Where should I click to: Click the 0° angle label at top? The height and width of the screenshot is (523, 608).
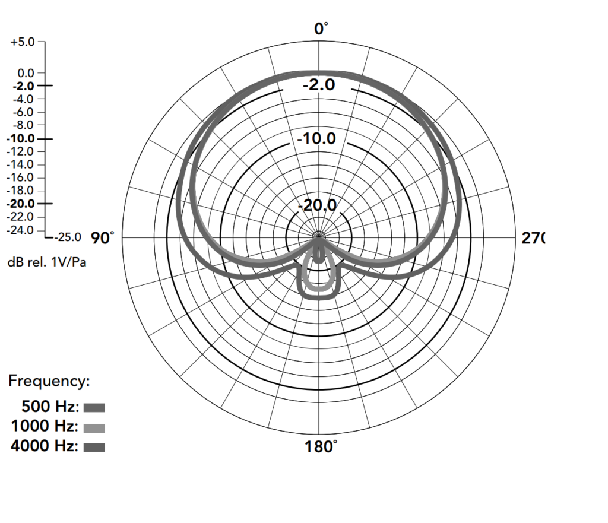[321, 28]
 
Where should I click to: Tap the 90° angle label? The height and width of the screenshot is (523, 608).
[102, 237]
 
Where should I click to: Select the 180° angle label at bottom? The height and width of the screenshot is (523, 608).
[321, 446]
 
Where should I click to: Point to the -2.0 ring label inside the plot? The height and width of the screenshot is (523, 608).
[319, 84]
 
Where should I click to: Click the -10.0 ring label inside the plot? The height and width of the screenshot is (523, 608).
[316, 138]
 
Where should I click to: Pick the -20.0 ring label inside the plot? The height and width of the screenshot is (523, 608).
[317, 205]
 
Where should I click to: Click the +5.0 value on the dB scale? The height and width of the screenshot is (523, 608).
[23, 42]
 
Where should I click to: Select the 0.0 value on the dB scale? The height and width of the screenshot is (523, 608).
[26, 73]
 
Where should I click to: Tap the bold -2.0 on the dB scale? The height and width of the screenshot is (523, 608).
[24, 85]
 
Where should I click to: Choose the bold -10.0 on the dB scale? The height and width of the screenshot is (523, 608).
[21, 138]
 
